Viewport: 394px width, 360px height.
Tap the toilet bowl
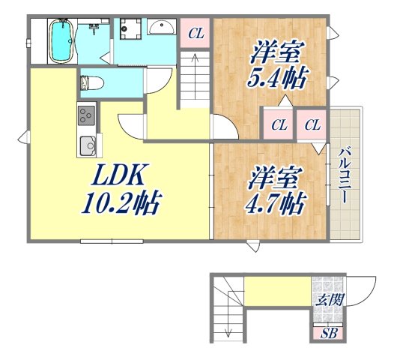tap(90, 81)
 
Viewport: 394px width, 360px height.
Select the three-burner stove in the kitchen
tap(86, 116)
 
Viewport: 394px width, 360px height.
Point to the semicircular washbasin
tap(160, 28)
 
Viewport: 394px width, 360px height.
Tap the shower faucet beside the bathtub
tap(94, 28)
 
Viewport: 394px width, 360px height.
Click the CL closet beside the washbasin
tap(195, 33)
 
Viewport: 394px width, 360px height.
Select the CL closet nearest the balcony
tap(313, 124)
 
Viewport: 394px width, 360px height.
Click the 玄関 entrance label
tap(328, 301)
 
